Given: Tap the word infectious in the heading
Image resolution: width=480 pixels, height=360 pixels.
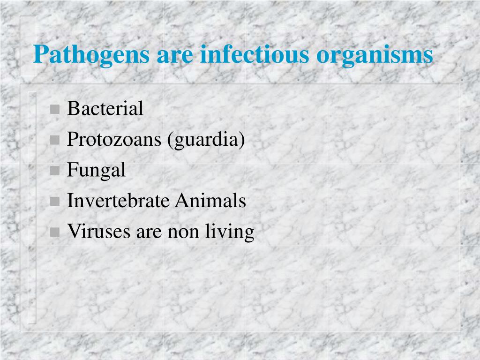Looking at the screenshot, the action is pos(255,54).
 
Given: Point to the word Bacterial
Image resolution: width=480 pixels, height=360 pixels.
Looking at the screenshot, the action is pos(105,108).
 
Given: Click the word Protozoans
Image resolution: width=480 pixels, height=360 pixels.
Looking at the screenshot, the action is pos(114,139).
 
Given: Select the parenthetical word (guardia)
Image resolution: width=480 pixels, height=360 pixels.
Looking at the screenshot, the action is pos(206,140).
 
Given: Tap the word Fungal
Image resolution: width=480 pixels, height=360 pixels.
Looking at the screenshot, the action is pos(96,170).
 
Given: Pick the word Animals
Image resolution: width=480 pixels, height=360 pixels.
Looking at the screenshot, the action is pos(210,201).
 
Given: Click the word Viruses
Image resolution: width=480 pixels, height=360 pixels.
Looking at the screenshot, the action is pos(99,232).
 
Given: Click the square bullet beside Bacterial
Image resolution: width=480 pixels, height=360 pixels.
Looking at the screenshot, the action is pos(54,109).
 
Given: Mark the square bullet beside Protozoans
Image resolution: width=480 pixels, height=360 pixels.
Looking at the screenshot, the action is pos(54,140).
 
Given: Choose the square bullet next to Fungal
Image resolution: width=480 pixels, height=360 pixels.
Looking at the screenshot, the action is pos(54,171).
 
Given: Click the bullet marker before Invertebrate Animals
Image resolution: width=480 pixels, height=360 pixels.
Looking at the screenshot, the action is pos(54,202).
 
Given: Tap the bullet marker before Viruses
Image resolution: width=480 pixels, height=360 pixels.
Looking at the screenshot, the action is pos(54,232).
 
